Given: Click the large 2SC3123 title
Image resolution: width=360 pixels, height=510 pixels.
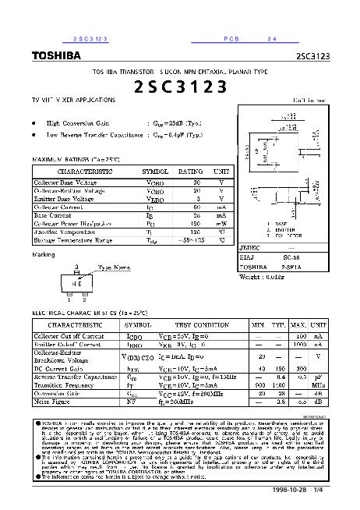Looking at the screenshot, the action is (179, 86).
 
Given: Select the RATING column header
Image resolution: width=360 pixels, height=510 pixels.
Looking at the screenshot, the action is (191, 171).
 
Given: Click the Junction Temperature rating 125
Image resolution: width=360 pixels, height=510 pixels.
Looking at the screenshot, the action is (197, 232).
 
